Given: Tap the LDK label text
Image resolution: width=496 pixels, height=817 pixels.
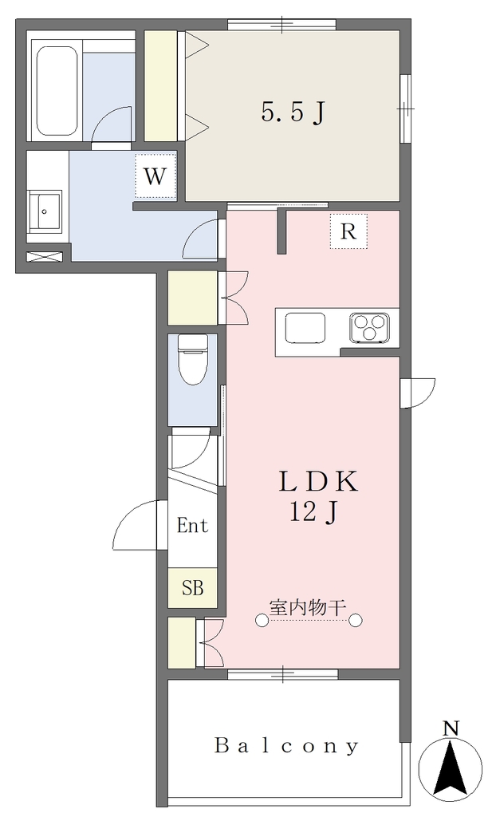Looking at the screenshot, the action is point(318,481).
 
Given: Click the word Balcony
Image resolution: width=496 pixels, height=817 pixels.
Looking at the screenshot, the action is point(286,746).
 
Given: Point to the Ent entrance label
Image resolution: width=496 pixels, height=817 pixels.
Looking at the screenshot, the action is point(192,525).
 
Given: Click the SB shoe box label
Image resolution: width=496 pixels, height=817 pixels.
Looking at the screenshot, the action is point(192,588).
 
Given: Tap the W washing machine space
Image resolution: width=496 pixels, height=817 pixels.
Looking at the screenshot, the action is point(155,176).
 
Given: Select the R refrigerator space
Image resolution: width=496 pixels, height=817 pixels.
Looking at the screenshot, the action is point(348,231).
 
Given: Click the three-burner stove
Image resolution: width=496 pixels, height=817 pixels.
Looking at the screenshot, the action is point(369,328).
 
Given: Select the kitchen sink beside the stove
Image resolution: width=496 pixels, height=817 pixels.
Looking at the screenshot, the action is point(305,328).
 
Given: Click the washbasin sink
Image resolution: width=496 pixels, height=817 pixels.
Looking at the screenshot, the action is point(45,211).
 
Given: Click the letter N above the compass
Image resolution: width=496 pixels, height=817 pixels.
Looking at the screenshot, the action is point(451,728).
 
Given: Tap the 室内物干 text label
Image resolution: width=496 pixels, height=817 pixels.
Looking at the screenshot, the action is point(307,607).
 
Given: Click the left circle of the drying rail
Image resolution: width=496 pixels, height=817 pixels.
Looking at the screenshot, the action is point(262,620).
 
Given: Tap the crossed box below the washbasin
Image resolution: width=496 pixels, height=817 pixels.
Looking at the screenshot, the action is point(45,256).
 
